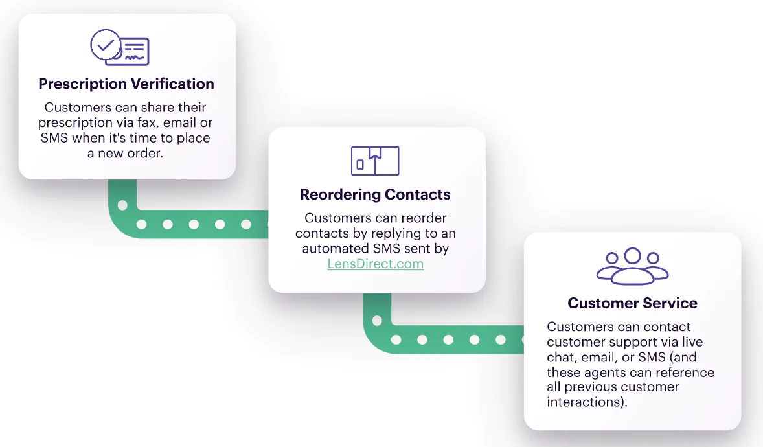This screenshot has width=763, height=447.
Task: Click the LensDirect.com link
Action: (x=375, y=264)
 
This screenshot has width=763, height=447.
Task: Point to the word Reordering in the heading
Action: (x=341, y=194)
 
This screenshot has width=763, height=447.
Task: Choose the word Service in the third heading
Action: (x=666, y=303)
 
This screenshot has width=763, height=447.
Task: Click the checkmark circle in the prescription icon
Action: (x=104, y=45)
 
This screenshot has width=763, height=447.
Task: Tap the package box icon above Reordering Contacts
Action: (x=375, y=161)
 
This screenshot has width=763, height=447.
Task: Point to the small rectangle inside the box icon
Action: (x=360, y=165)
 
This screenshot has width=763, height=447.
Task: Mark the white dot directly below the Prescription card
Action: (x=122, y=205)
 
